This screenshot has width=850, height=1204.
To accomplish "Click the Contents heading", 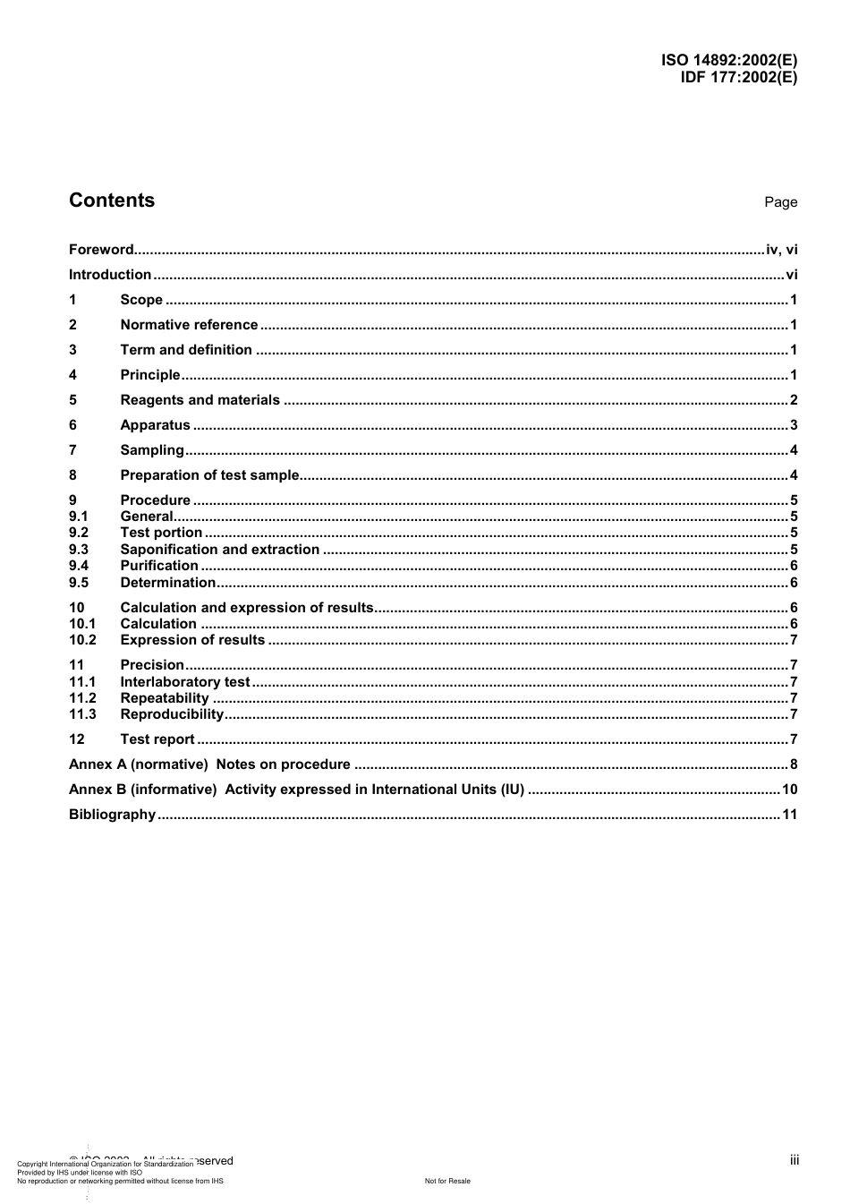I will pos(112,201).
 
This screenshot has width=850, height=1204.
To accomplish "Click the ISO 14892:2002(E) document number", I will pos(728,61).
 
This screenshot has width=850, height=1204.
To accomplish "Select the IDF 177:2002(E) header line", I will pos(738,77).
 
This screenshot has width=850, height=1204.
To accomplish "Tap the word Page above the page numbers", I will pos(780,202).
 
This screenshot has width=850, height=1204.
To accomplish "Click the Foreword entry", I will pos(101,250).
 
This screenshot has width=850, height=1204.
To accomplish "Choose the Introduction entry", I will pos(110,275).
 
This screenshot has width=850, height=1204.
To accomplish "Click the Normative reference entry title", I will pos(189,325).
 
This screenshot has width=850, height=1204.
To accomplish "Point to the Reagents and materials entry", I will pos(200,400).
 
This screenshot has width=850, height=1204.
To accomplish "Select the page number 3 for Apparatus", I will pos(793,425).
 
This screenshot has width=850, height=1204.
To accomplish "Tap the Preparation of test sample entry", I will pos(209,475).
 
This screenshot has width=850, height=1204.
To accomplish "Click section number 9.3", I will pos(79,550).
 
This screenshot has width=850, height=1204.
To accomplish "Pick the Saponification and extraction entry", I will pos(219,550).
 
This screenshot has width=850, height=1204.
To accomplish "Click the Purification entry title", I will pos(159,566).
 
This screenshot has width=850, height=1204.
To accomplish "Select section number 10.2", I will pos(82,640).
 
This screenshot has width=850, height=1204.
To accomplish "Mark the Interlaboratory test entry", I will pos(185,682).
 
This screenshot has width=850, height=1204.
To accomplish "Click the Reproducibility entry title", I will pos(172,714).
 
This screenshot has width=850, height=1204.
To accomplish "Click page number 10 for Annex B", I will pos(789,790).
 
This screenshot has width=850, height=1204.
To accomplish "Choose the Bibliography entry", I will pos(112,815).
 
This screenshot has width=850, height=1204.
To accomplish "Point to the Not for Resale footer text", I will pos(447,1181).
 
